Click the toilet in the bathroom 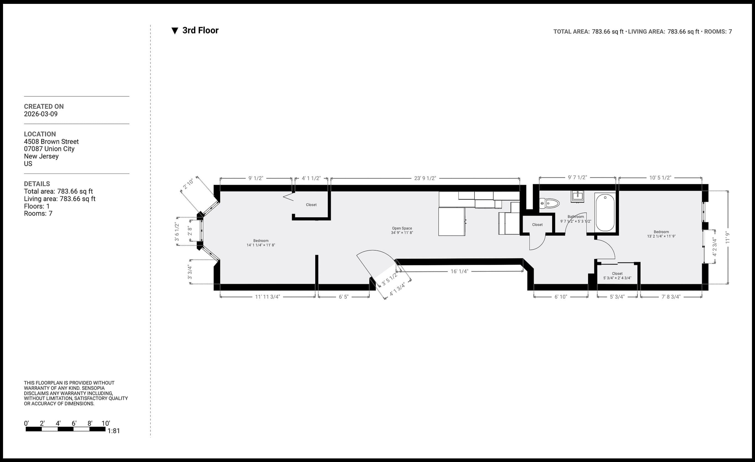pos(549,203)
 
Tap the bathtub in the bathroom pos(605,212)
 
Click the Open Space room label pos(402,230)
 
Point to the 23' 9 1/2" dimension pos(425,178)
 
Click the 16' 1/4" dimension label pos(459,271)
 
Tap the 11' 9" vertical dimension pos(728,238)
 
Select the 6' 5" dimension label pos(344,297)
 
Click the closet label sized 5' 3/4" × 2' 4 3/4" pos(617,276)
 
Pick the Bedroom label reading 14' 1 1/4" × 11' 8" pos(261,243)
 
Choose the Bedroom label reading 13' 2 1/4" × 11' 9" pos(661,234)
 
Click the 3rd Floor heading pos(200,30)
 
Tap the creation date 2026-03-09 pos(41,114)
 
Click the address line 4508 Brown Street pos(51,141)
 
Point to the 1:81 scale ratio pos(114,431)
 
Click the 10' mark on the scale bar pos(106,423)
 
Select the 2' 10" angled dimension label pos(188,184)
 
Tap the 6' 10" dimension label pos(561,297)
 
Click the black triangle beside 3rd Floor pos(175,31)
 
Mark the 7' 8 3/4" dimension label pos(671,297)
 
